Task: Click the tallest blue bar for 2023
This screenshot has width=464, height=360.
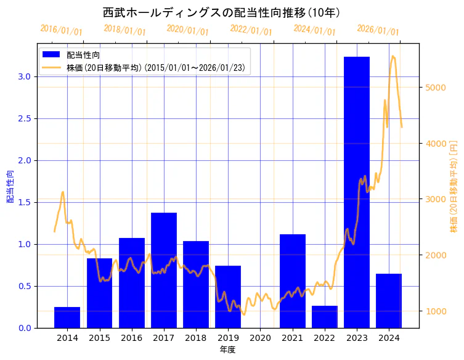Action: tap(356, 192)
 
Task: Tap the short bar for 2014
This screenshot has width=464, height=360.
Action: tap(67, 317)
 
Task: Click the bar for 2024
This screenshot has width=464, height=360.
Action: tap(389, 301)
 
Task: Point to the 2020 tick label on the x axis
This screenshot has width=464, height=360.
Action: tap(260, 338)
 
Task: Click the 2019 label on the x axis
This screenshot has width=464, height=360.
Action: tap(228, 338)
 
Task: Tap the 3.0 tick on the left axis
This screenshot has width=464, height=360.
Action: tap(24, 76)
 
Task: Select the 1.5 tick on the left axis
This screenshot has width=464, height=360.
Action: tap(24, 202)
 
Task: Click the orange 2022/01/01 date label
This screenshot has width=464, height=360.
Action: tap(251, 30)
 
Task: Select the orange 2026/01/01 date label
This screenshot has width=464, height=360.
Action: tap(378, 30)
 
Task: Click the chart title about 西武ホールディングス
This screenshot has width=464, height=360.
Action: tap(222, 12)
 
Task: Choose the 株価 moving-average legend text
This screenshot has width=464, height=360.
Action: tap(157, 67)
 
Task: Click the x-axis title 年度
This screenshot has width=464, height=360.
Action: tap(227, 350)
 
